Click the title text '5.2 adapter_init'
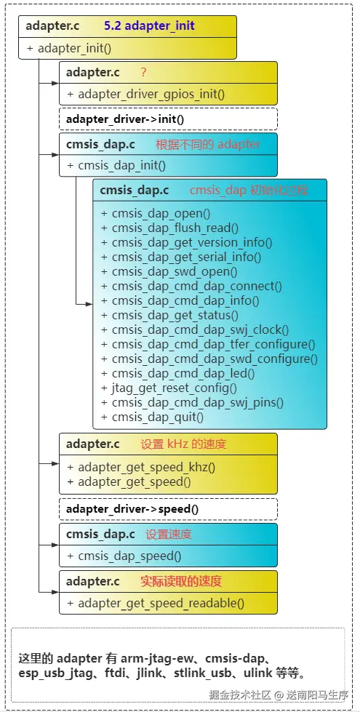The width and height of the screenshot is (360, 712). [x=149, y=25]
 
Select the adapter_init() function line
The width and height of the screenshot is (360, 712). [x=69, y=49]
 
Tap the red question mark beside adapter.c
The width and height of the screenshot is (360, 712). [x=144, y=72]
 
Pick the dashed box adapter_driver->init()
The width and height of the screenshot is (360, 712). [x=168, y=119]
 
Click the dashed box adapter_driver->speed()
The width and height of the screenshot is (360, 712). [x=168, y=509]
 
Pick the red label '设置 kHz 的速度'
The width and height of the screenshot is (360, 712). [x=183, y=444]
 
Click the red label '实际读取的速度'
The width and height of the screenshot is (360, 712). [x=180, y=581]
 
